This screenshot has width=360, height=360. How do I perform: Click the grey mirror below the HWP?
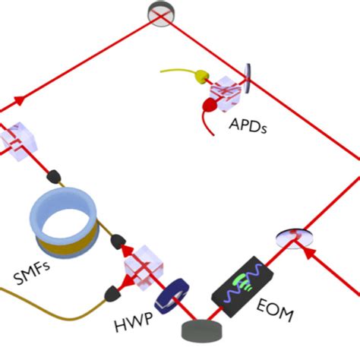click(201, 330)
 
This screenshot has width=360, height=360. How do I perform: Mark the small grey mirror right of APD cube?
click(251, 76)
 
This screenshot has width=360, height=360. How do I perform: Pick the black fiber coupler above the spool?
click(55, 176)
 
